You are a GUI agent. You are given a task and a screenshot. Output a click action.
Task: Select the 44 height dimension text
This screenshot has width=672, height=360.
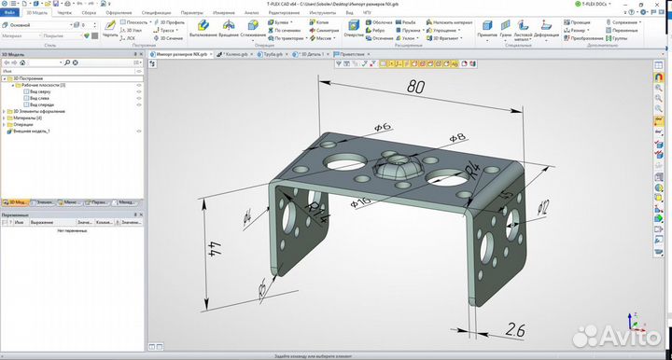217,248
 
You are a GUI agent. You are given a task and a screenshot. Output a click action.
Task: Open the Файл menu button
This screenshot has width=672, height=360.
10,14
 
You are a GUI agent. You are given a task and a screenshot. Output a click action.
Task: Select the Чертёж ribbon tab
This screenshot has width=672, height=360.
63,14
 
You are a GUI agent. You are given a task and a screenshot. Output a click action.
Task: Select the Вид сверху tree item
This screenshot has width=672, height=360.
40,91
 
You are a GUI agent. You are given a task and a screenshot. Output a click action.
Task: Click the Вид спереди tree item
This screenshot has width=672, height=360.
42,105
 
